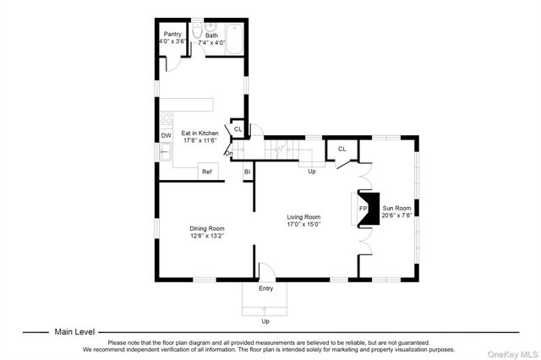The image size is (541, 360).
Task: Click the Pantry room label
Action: point(172,35)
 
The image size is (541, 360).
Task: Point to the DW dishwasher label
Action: point(167,135)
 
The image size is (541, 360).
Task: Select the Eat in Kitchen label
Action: point(199,134)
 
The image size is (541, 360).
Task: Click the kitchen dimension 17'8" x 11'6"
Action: point(199,141)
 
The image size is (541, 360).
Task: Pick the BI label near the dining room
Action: point(248,172)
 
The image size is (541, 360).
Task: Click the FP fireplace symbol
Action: point(363,208)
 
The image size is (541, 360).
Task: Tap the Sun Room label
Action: point(396,207)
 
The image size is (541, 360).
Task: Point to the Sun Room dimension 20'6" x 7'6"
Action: point(396,215)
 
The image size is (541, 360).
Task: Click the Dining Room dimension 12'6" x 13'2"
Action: point(207,236)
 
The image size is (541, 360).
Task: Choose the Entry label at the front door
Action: point(265,289)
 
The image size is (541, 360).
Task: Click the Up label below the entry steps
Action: point(265,321)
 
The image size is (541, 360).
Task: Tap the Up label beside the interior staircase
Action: point(311,172)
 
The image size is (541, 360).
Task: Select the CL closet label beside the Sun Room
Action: point(342,149)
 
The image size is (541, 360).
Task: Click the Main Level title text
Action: point(74,332)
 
